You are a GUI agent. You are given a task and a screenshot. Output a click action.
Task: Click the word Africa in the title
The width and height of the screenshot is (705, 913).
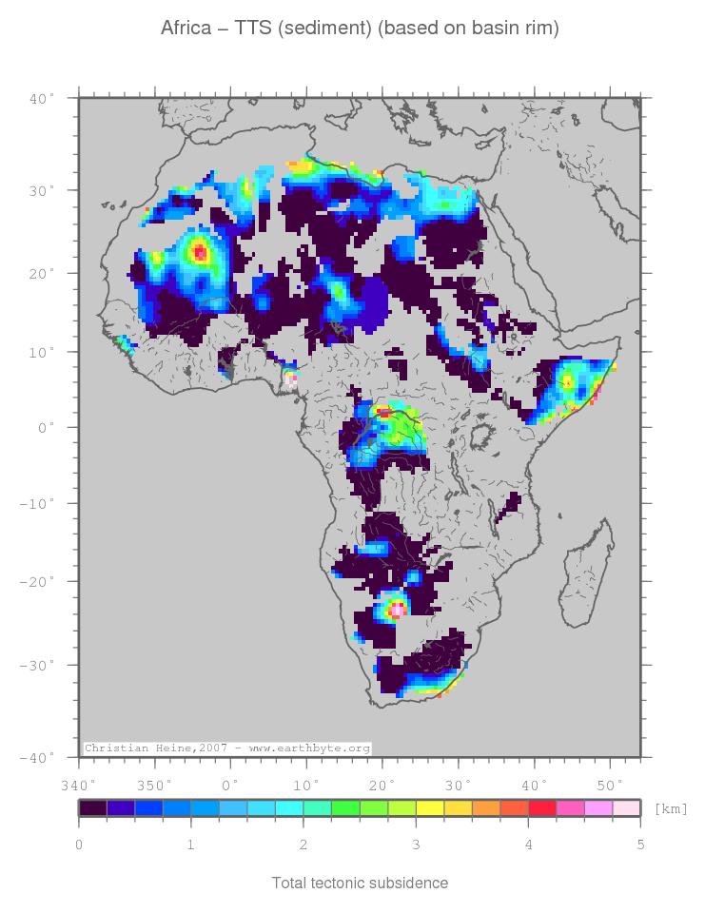[186, 29]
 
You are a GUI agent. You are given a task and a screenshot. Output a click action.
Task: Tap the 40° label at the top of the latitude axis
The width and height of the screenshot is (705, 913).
[41, 99]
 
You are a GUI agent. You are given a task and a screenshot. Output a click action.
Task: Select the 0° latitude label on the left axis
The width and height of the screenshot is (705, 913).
[47, 427]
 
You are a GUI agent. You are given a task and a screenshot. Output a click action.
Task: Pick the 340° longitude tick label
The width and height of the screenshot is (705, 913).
[79, 786]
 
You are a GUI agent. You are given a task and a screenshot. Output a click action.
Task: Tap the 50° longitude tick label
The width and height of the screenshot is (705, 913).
[610, 786]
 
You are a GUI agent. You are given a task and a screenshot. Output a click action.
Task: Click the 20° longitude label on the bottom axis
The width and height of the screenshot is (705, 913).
[382, 786]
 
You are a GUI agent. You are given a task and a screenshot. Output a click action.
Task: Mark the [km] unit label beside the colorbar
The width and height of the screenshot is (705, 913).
[670, 808]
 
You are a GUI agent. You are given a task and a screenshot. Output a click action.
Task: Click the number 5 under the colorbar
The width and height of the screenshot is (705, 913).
[639, 845]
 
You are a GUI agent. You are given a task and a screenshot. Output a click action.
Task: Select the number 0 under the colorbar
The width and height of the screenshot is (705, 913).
[79, 845]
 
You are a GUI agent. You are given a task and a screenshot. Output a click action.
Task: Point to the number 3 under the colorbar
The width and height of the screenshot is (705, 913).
[415, 845]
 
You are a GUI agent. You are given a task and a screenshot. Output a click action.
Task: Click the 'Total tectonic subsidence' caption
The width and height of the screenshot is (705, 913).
[360, 883]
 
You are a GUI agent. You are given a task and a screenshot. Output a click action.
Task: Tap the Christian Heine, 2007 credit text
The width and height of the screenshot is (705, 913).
[156, 748]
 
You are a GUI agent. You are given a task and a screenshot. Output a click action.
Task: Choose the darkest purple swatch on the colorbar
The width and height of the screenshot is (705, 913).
[92, 808]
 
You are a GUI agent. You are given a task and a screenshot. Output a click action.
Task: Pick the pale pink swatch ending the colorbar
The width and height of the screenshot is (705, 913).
[626, 808]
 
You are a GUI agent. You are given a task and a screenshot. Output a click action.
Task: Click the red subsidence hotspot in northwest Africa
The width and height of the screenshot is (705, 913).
[200, 253]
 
